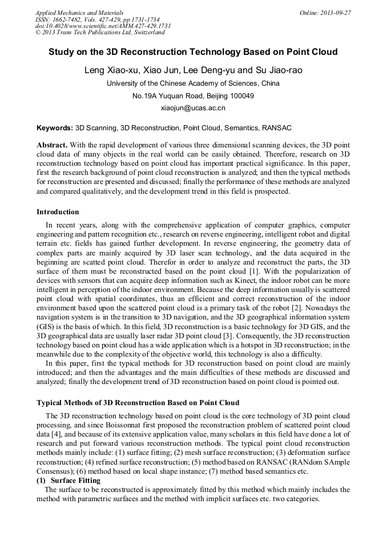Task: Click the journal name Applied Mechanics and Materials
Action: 79,13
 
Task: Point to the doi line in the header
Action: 102,26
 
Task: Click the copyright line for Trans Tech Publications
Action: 100,33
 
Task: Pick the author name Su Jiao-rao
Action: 279,70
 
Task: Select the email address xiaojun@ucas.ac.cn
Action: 193,107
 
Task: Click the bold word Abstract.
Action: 53,146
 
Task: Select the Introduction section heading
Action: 58,212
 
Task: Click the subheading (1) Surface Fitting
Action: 68,481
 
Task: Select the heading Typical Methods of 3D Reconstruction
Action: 138,403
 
